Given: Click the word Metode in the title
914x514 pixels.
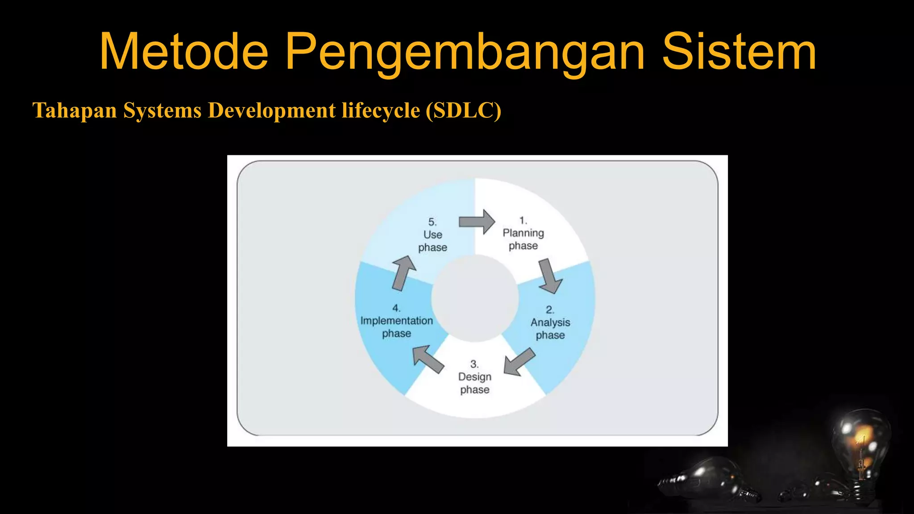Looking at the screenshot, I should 183,52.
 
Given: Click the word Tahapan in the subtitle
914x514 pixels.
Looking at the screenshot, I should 75,110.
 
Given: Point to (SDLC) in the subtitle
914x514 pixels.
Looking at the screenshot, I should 463,110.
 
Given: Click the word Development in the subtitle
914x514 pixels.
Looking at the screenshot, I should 272,110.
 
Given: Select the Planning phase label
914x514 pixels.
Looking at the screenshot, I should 523,233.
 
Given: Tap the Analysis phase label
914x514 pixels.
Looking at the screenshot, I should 550,323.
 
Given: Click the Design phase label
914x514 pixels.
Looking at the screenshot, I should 474,377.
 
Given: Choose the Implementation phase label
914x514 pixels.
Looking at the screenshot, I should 396,321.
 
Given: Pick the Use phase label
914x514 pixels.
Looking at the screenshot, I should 432,235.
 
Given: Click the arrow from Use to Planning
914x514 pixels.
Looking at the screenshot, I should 477,221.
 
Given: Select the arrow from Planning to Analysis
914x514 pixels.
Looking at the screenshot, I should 550,275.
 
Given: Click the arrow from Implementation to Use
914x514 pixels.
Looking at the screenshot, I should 404,273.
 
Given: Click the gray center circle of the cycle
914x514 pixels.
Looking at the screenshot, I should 474,298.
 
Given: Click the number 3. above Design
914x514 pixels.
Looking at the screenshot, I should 474,364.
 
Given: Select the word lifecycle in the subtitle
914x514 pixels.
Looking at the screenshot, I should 381,110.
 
